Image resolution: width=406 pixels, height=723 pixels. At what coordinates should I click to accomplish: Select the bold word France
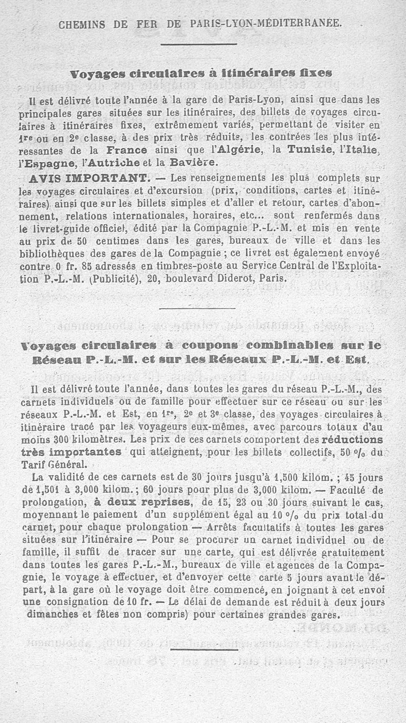[x=127, y=151]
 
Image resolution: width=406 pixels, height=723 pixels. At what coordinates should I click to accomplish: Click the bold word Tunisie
[x=310, y=151]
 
